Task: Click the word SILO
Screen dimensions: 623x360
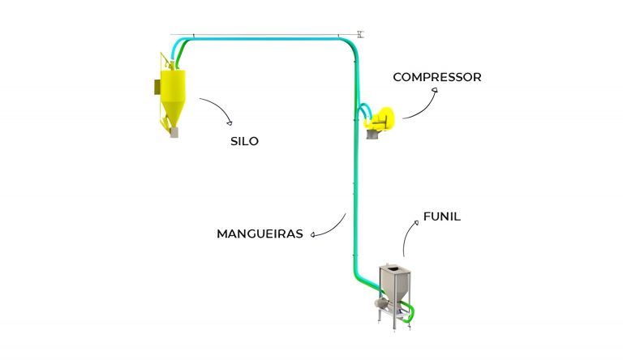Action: [x=244, y=141]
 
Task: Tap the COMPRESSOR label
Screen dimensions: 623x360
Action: [x=437, y=77]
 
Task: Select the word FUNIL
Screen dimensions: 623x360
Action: [x=442, y=216]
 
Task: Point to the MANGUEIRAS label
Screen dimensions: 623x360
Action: [x=260, y=234]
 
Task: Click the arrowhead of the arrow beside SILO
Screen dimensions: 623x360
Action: [x=230, y=122]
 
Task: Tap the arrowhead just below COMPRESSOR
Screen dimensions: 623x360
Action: [x=435, y=90]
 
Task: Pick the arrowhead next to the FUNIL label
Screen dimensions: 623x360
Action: [x=416, y=223]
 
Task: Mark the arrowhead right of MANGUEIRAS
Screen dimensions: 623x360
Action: [x=313, y=235]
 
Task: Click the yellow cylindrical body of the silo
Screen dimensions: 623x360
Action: [x=173, y=85]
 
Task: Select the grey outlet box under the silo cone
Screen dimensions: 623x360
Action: [x=174, y=133]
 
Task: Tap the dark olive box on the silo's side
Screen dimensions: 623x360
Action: [x=157, y=87]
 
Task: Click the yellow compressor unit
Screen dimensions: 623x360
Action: [x=380, y=118]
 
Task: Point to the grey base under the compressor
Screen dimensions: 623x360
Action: [x=372, y=135]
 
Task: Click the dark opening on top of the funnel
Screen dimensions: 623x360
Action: [x=393, y=270]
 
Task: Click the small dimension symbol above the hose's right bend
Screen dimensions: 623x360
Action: [x=360, y=34]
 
